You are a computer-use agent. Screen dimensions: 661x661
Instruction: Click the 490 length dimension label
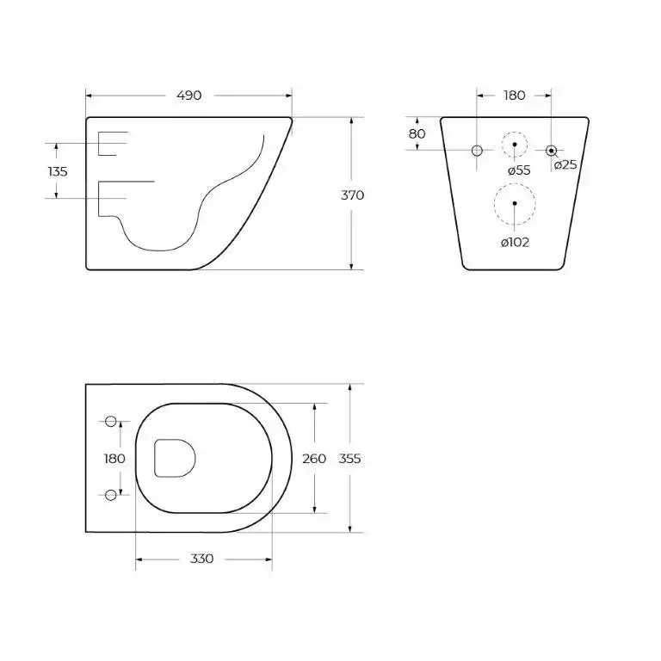(188, 96)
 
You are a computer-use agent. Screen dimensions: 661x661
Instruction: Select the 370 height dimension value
(352, 195)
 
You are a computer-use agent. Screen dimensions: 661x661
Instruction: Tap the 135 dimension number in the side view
(58, 171)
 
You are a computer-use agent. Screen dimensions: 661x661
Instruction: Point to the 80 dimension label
(417, 133)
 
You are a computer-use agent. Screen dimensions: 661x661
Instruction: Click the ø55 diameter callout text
(518, 170)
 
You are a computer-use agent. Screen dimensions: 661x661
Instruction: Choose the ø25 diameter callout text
(565, 165)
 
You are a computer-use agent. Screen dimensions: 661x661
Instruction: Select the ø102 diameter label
(515, 242)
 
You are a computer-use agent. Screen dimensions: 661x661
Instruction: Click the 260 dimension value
(314, 458)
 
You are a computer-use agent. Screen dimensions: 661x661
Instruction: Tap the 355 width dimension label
(349, 458)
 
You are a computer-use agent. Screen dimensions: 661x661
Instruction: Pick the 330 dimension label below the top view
(201, 559)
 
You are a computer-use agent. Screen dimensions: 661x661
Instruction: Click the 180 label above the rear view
(514, 96)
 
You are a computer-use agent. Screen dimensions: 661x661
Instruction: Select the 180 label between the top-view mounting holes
(114, 458)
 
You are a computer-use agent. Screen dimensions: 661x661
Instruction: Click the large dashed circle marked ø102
(515, 205)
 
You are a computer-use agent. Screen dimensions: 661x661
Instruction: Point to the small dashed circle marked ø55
(515, 144)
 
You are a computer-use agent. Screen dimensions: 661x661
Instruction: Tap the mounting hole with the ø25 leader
(552, 151)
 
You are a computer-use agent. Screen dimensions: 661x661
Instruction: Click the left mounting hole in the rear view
(478, 151)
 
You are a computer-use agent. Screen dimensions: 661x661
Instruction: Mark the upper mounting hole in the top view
(110, 421)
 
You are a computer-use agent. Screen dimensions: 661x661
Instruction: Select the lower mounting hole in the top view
(110, 494)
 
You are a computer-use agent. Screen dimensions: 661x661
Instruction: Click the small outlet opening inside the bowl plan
(175, 458)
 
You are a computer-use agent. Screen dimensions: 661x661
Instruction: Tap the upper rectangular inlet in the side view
(112, 144)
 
